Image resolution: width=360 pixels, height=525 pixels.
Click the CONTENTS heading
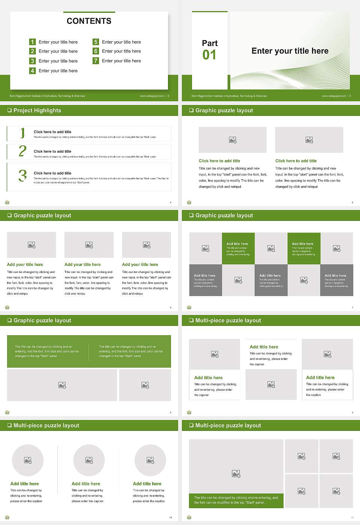(89, 21)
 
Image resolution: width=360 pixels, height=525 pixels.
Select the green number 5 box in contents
(96, 42)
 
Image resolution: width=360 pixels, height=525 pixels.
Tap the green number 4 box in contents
(32, 70)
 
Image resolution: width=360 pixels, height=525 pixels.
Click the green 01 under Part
(209, 55)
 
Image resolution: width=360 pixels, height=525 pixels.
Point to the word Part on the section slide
(210, 43)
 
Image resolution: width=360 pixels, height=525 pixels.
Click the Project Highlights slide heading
(37, 111)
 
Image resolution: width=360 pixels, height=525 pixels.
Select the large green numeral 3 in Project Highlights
(22, 175)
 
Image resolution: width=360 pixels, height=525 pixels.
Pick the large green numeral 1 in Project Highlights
(22, 133)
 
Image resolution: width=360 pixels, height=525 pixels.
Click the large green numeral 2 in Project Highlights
(22, 151)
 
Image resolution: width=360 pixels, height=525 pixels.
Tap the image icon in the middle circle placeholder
(89, 460)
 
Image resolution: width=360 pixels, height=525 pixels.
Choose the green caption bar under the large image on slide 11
(236, 500)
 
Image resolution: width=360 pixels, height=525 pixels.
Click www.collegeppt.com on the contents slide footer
(152, 96)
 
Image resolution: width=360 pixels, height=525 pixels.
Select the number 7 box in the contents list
(96, 61)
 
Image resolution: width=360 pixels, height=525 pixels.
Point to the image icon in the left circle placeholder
(28, 460)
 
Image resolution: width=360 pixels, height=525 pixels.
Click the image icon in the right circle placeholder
(150, 460)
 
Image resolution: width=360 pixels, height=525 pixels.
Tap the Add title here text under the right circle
(147, 484)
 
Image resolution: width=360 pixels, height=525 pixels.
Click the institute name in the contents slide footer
(47, 96)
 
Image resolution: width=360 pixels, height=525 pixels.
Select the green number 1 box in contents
(32, 42)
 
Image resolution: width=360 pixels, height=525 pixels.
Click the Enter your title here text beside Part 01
(290, 51)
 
